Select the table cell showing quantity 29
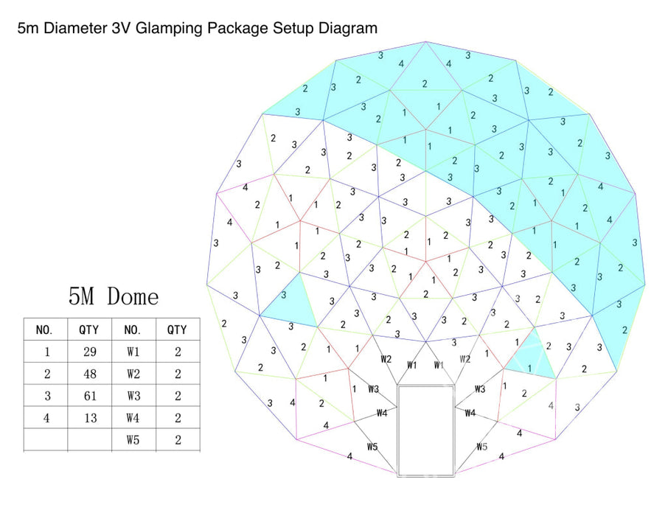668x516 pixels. pos(89,352)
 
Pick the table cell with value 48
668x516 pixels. pos(89,374)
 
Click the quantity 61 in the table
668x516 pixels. pos(89,396)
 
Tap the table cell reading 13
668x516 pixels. pos(89,418)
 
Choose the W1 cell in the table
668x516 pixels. pos(133,352)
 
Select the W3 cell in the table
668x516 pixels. pos(133,396)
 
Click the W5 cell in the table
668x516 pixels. pos(133,440)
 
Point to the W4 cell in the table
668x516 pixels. pos(133,418)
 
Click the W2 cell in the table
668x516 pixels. pos(133,374)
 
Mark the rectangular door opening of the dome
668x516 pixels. pos(426,430)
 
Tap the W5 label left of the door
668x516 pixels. pos(373,446)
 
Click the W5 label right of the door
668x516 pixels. pos(481,446)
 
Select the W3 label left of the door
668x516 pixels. pos(373,388)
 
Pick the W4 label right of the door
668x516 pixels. pos(470,413)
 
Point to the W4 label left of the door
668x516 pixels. pos(382,413)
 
